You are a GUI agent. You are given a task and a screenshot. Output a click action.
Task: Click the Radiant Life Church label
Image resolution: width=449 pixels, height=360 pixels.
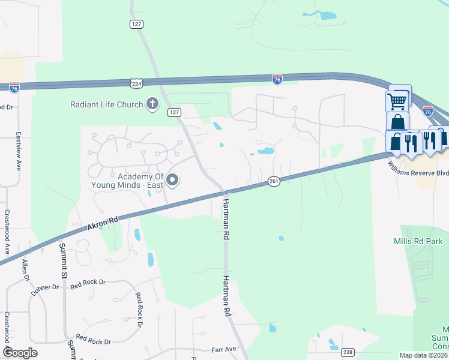[x=106, y=104]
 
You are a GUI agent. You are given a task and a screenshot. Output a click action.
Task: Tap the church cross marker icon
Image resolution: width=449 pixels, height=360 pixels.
[x=152, y=104]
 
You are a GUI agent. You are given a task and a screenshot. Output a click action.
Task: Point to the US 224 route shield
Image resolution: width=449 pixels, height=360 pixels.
[x=136, y=83]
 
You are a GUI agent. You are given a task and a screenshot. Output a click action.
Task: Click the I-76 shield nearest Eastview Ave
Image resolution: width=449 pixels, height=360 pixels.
[x=14, y=88]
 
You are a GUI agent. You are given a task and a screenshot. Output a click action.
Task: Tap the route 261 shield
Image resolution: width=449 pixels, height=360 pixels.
[x=274, y=181]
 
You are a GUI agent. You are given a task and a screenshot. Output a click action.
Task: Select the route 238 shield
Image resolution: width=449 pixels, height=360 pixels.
[x=348, y=352]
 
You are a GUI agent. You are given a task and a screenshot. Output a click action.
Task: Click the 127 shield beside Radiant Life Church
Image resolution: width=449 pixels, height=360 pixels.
[x=174, y=113]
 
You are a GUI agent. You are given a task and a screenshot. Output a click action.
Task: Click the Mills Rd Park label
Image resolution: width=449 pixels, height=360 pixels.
[x=418, y=241]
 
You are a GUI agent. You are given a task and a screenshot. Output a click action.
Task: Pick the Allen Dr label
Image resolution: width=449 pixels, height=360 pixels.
[x=25, y=270]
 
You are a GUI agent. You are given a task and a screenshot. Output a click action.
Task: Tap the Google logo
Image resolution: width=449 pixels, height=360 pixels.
[x=20, y=353]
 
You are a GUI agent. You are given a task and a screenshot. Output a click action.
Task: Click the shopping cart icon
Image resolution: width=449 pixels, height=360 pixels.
[x=397, y=100]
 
